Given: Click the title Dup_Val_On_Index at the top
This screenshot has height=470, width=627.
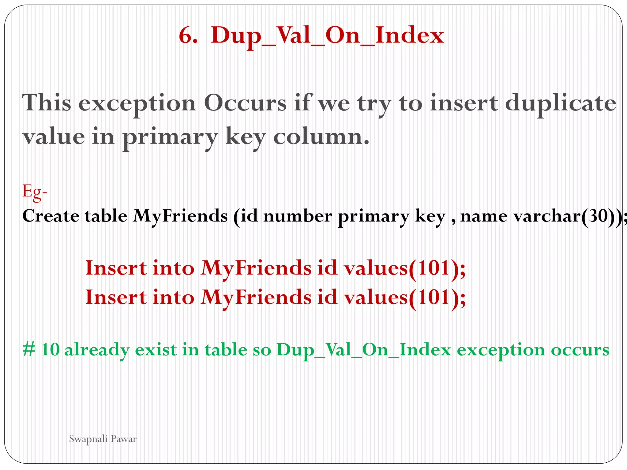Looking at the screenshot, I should [327, 35].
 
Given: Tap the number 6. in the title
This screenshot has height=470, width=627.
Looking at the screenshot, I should [188, 35].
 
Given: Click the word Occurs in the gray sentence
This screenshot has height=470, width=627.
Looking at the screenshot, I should [245, 103].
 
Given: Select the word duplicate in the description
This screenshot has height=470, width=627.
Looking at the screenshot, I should [561, 103].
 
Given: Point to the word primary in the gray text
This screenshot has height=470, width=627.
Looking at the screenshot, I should [170, 137].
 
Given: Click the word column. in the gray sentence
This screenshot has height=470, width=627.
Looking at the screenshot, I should [321, 137].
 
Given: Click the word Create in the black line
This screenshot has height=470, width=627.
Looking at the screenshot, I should [51, 216].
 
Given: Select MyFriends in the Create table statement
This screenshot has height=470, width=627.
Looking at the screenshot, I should [180, 216].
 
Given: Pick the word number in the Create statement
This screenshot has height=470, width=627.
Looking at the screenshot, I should [297, 216].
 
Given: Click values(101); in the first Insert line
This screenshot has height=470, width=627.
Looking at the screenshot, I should [404, 268].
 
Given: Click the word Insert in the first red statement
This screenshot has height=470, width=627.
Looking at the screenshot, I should [116, 268].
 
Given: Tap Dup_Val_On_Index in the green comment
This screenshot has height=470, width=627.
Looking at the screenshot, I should [364, 350].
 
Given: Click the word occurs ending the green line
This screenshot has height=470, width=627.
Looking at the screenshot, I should [580, 350].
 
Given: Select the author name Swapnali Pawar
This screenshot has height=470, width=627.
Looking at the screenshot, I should [103, 439].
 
